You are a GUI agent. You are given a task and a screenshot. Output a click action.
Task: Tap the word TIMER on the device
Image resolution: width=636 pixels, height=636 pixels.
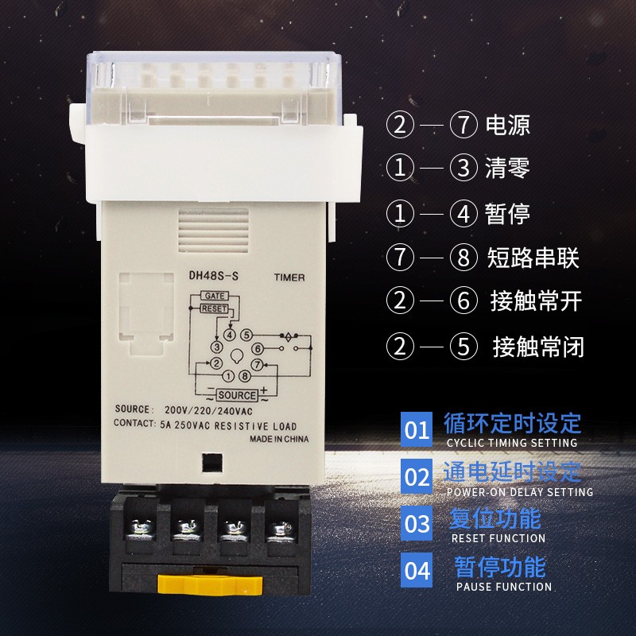pos(289,278)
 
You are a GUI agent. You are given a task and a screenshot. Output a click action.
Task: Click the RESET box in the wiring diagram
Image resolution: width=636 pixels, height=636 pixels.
pos(214,308)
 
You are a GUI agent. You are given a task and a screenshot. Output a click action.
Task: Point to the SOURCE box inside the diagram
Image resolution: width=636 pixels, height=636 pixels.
pos(237,395)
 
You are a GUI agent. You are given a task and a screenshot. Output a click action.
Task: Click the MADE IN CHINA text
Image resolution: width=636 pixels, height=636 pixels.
pos(278,439)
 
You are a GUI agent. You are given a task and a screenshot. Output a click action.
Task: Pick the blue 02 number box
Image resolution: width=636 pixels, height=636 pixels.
pos(417,477)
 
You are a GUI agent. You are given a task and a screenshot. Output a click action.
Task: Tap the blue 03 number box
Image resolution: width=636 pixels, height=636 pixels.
pos(417,524)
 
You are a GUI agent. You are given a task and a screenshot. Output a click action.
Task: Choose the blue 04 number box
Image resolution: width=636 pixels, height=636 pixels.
pos(417,571)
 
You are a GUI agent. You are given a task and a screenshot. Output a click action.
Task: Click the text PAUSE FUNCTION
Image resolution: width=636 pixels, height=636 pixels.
pos(503,587)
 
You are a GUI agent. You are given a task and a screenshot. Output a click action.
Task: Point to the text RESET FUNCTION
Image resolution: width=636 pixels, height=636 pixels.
pos(498,538)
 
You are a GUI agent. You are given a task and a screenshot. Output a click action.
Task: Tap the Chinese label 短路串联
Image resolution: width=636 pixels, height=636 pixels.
pos(533,258)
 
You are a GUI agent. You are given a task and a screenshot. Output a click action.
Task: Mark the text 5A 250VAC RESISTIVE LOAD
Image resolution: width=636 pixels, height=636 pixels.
pos(227,425)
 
